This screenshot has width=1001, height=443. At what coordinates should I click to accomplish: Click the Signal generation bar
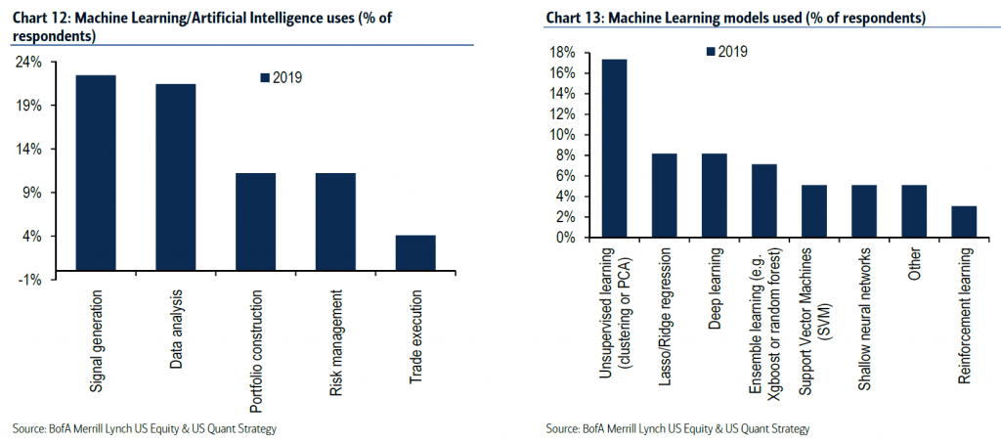(96, 177)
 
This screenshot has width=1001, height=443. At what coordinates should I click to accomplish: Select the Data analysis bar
(176, 181)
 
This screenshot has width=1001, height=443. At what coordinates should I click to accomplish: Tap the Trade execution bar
(415, 257)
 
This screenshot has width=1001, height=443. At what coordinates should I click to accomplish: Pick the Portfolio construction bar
(255, 226)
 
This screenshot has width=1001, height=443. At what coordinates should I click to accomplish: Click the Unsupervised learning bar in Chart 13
(614, 148)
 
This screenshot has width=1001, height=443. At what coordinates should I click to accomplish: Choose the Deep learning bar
(714, 195)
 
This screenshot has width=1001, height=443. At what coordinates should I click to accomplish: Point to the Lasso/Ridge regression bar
(664, 195)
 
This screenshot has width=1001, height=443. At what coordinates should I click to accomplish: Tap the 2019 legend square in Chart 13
(710, 52)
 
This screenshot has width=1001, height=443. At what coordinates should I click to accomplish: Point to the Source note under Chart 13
(678, 428)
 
